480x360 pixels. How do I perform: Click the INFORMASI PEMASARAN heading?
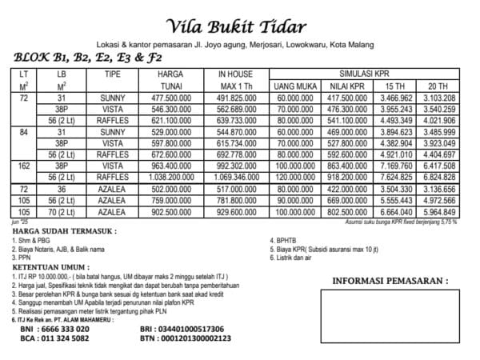point(390,281)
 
